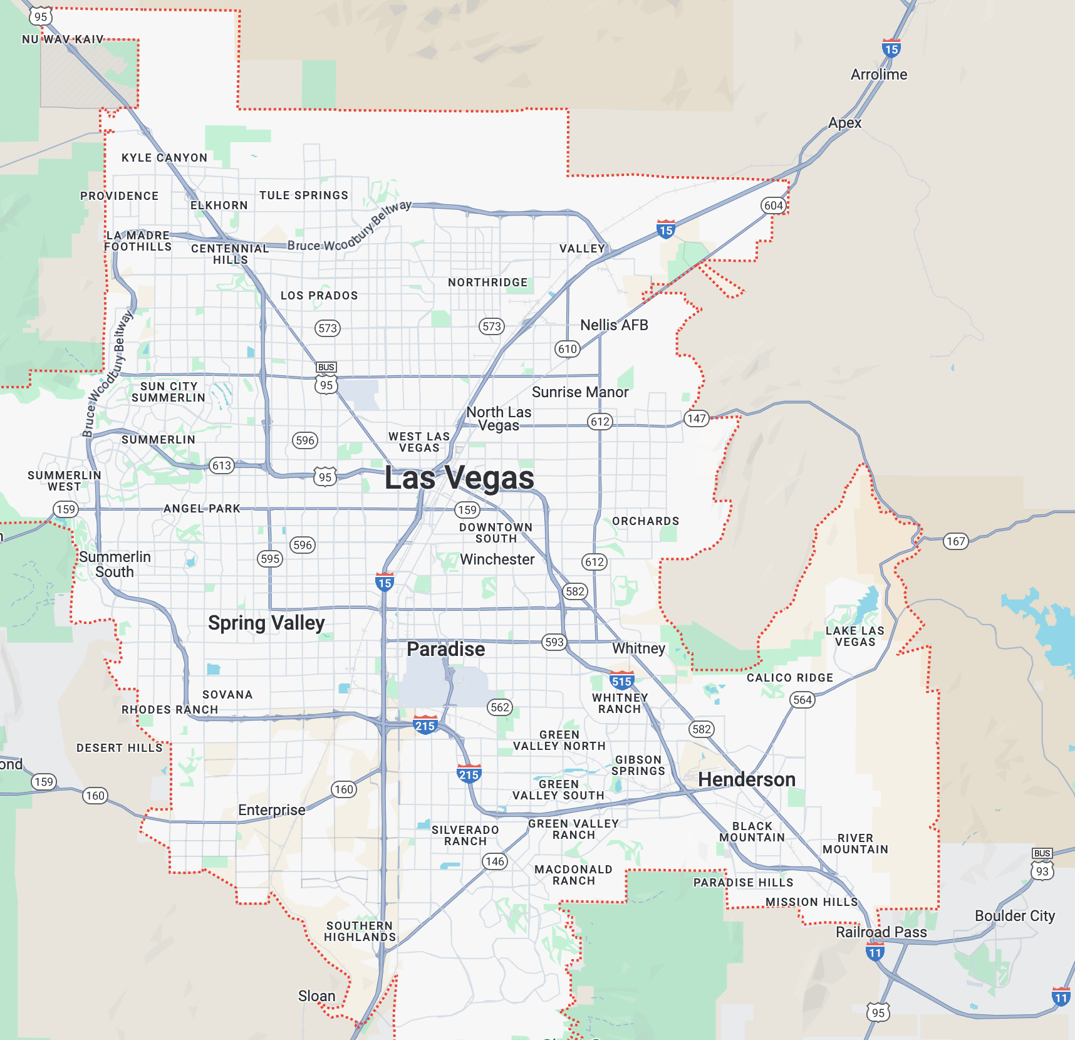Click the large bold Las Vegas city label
pyautogui.click(x=459, y=478)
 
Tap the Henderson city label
pyautogui.click(x=747, y=779)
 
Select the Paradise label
pyautogui.click(x=445, y=649)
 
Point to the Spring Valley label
pyautogui.click(x=266, y=623)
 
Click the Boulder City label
pyautogui.click(x=1015, y=916)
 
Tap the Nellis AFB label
pyautogui.click(x=614, y=325)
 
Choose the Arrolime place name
pyautogui.click(x=879, y=75)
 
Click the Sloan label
pyautogui.click(x=316, y=996)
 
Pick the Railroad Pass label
pyautogui.click(x=881, y=932)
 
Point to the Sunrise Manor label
pyautogui.click(x=580, y=392)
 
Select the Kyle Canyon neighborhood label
pyautogui.click(x=164, y=158)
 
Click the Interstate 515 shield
pyautogui.click(x=621, y=681)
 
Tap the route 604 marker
pyautogui.click(x=774, y=205)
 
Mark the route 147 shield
pyautogui.click(x=696, y=419)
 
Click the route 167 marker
pyautogui.click(x=955, y=541)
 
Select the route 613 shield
pyautogui.click(x=222, y=465)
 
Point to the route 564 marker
pyautogui.click(x=802, y=700)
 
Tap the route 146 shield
pyautogui.click(x=495, y=861)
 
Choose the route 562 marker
pyautogui.click(x=500, y=707)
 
